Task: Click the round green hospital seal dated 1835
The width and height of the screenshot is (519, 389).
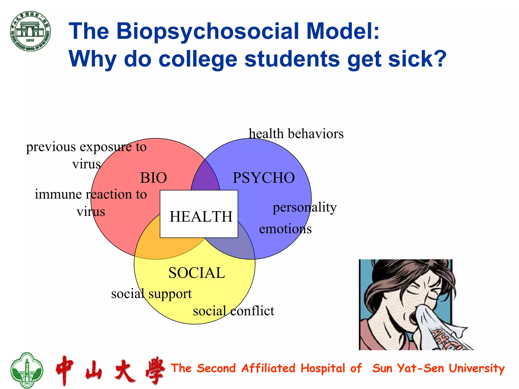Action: [30, 31]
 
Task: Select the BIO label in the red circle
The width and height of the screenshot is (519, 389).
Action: [154, 178]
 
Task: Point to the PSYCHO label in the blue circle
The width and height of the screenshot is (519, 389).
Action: [264, 178]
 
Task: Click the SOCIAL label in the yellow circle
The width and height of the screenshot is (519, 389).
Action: [197, 273]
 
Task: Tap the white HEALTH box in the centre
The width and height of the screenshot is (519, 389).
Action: [199, 214]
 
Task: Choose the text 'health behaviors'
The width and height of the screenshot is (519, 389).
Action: [296, 133]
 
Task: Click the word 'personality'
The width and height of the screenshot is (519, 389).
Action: [305, 208]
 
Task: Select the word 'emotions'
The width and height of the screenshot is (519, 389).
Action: [285, 229]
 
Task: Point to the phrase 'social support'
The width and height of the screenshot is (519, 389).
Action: [151, 294]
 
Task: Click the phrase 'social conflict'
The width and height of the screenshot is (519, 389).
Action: [233, 311]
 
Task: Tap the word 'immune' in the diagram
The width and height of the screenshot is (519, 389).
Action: [58, 194]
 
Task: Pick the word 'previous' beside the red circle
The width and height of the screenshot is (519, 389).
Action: [51, 147]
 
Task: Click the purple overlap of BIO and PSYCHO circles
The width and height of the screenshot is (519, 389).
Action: [205, 177]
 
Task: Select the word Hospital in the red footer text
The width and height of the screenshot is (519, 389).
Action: [323, 368]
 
